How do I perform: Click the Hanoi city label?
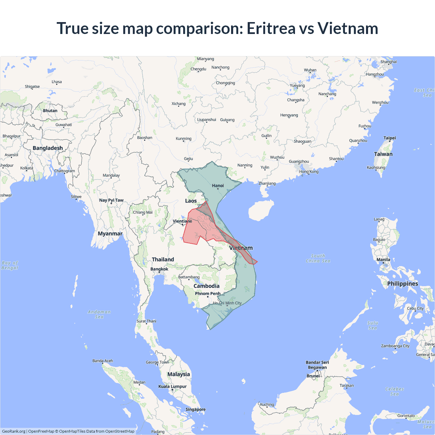pos(218,186)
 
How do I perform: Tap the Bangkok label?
pos(159,269)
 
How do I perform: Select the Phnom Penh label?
pos(208,294)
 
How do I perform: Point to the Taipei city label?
pos(389,138)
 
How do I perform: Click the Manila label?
pos(383,260)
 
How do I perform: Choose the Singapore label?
pos(195,410)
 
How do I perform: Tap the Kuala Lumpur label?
pos(172,386)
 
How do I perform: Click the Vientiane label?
pos(182,221)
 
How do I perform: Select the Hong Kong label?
pos(309,172)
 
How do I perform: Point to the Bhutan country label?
pos(50,111)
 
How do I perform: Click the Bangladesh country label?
pos(48,148)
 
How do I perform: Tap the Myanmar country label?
pos(110,233)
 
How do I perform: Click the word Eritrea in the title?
pos(271,28)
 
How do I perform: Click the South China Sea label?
pos(318,258)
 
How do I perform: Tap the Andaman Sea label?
pos(99,314)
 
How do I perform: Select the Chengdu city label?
pos(198,69)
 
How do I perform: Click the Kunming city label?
pos(184,139)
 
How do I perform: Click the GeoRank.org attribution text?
pos(14,431)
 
